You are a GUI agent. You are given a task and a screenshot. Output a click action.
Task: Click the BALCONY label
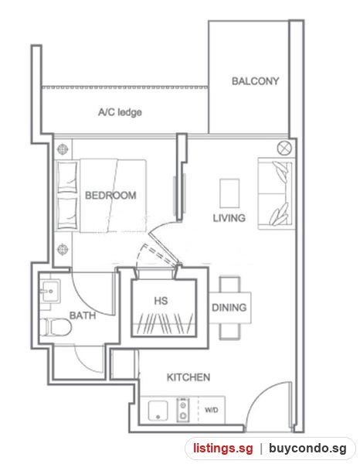click(x=256, y=80)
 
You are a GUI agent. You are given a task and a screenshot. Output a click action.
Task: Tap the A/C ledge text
click(x=120, y=112)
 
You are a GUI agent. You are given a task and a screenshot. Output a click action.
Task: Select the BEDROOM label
click(x=110, y=196)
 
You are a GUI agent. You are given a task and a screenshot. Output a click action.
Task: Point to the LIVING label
click(x=229, y=218)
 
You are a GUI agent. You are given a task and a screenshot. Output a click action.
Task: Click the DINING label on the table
click(x=229, y=308)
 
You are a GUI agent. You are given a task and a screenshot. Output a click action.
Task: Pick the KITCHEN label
click(x=188, y=377)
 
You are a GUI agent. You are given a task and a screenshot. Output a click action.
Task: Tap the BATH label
click(x=83, y=316)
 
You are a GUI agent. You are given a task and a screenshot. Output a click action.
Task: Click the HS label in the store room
click(x=161, y=301)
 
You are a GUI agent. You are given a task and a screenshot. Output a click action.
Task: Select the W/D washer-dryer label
click(x=212, y=410)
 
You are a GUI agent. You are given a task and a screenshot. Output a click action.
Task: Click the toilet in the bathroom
click(x=56, y=327)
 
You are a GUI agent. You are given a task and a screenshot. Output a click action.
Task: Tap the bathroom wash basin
click(x=50, y=291)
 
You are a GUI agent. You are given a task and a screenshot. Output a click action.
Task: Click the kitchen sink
click(x=158, y=411)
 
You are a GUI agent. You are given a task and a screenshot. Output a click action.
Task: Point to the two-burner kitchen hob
click(x=183, y=410)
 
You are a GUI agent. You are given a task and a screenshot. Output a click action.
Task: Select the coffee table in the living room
click(x=229, y=193)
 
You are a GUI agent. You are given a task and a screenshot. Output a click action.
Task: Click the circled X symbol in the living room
click(x=284, y=148)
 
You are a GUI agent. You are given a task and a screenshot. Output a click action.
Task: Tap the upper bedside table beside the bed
click(x=63, y=148)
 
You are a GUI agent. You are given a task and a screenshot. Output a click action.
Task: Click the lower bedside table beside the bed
click(x=63, y=249)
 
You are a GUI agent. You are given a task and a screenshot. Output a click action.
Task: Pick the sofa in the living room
click(x=277, y=194)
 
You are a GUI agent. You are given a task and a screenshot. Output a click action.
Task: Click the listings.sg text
click(x=223, y=448)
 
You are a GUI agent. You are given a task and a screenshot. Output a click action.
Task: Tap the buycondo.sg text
click(x=307, y=449)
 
